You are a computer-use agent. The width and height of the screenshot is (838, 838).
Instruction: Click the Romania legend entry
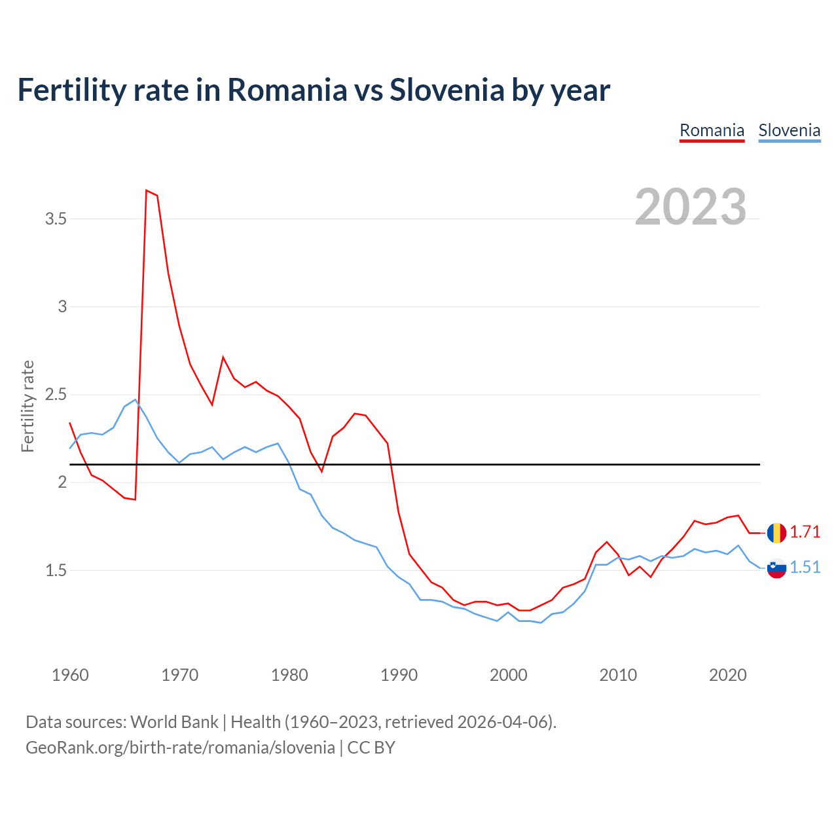(x=712, y=130)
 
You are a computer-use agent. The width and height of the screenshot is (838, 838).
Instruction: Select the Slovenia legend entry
(x=789, y=130)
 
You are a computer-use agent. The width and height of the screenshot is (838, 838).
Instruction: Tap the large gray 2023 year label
(x=691, y=207)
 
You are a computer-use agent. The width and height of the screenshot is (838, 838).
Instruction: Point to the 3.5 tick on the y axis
(x=56, y=219)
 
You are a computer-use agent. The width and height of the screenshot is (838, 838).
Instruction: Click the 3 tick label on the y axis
(x=62, y=306)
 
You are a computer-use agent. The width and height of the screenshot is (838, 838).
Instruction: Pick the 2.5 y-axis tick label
(x=56, y=394)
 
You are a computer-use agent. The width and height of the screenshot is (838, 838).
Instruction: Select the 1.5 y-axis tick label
(x=56, y=570)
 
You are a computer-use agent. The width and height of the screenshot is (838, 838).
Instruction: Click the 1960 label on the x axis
(x=70, y=675)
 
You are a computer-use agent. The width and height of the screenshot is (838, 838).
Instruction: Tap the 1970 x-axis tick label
(x=179, y=675)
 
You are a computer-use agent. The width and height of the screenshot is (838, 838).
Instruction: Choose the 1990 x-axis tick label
(x=399, y=675)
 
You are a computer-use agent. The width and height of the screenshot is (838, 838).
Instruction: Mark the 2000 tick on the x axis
(x=509, y=675)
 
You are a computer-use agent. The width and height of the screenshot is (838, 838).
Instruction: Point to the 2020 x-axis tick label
(x=727, y=675)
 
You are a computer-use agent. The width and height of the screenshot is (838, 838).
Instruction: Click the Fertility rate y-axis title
(x=27, y=406)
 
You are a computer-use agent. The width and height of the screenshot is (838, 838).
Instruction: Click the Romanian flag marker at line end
(x=776, y=533)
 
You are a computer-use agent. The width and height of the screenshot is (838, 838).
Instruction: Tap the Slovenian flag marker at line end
(x=776, y=568)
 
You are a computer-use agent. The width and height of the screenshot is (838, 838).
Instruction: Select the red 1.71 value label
(x=805, y=532)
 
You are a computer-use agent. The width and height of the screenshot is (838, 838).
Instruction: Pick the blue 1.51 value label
(x=805, y=568)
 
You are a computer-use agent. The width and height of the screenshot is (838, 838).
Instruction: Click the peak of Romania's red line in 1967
(x=147, y=191)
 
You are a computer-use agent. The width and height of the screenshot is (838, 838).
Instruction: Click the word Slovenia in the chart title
(x=446, y=90)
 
